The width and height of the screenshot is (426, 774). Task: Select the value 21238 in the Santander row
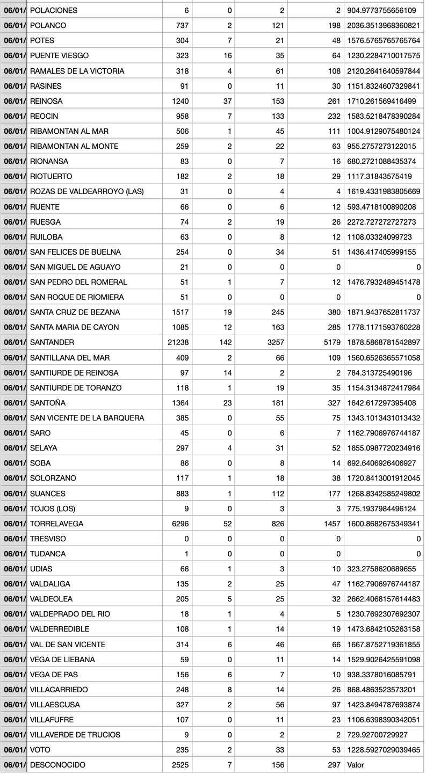click(x=178, y=342)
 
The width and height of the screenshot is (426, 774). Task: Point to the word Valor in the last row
click(x=357, y=765)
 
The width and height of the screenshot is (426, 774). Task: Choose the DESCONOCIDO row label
click(x=57, y=765)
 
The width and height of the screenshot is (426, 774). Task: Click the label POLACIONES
click(x=54, y=10)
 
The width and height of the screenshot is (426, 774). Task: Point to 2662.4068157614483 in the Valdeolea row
click(x=384, y=599)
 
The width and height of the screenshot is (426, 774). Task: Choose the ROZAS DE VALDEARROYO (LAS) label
click(x=87, y=191)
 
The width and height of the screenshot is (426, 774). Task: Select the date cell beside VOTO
click(x=13, y=750)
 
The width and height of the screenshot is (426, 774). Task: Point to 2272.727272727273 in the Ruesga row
click(x=384, y=221)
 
